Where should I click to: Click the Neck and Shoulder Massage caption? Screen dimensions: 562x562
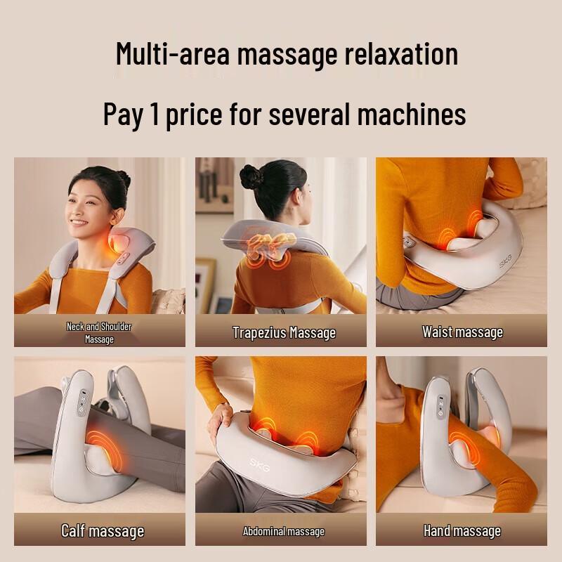coord(99,332)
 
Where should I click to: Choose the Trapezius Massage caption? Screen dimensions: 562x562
coord(284,332)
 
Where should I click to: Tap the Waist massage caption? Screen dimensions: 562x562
coord(462,332)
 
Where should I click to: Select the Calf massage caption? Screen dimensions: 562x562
coord(103,530)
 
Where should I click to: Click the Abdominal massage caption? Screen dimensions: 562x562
coord(284,531)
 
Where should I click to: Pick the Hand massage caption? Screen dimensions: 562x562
coord(462,530)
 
